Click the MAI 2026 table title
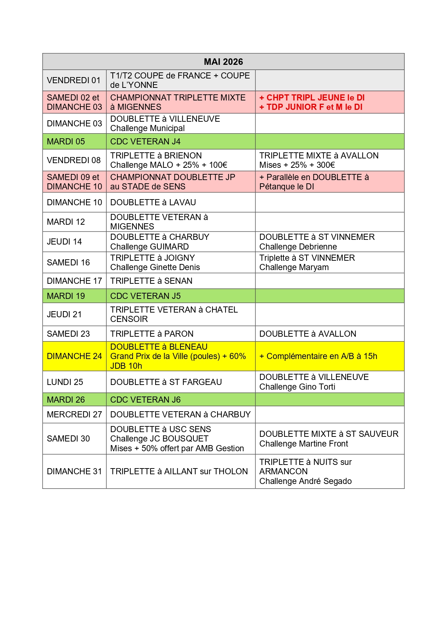tap(223, 62)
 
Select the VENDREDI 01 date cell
tap(74, 80)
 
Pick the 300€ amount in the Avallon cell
tap(326, 165)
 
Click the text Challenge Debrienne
tap(298, 247)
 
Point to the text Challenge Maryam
tap(294, 267)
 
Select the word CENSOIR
tap(129, 319)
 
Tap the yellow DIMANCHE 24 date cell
tap(74, 356)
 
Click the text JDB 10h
tap(126, 366)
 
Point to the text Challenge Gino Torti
tap(297, 387)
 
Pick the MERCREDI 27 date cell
tap(74, 414)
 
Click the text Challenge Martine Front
tap(304, 444)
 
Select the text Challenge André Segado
tap(305, 481)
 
